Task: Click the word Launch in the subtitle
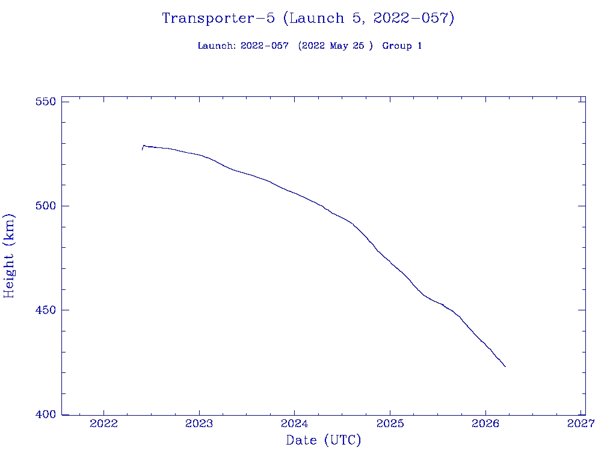coord(217,46)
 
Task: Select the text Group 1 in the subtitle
coord(402,46)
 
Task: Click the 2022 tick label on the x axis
coord(104,424)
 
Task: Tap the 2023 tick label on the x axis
coord(199,424)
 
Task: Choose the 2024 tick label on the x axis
coord(295,424)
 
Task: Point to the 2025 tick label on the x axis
coord(390,424)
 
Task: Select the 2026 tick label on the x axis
coord(485,424)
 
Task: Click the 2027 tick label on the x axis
coord(581,424)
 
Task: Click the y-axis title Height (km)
coord(10,256)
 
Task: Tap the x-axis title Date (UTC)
coord(324,441)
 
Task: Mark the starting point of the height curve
coord(143,149)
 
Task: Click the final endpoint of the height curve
coord(505,366)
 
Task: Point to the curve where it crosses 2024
coord(295,193)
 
